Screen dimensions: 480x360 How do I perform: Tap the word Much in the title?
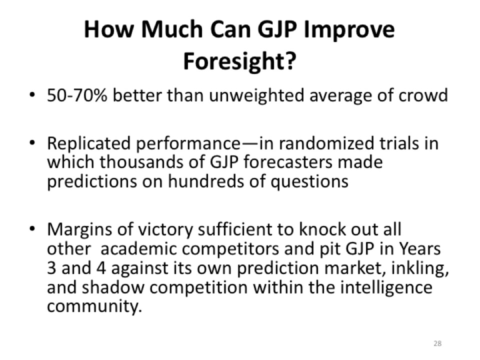pos(171,29)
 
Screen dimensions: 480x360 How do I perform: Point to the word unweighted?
pos(257,96)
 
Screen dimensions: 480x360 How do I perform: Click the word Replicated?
pos(89,143)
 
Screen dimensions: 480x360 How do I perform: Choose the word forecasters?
pos(288,162)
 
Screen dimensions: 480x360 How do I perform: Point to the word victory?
pos(165,230)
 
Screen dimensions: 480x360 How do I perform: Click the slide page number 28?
pos(437,343)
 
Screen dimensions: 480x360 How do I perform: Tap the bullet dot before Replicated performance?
pos(32,143)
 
